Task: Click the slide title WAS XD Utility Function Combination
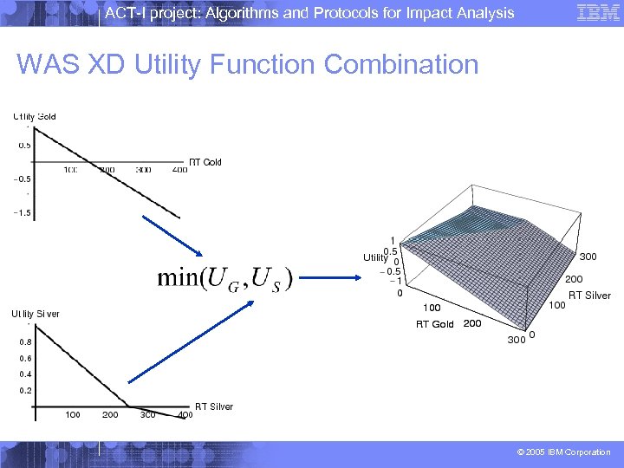[x=247, y=65]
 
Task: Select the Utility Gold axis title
[x=35, y=117]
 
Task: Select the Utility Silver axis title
[x=36, y=314]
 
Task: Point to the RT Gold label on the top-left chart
[x=205, y=162]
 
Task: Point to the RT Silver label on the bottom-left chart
[x=213, y=406]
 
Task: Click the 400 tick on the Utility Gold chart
[x=179, y=170]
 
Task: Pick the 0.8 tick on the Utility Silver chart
[x=25, y=341]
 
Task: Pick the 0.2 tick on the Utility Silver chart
[x=25, y=391]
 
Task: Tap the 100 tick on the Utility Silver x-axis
[x=73, y=415]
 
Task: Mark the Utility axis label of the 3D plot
[x=375, y=257]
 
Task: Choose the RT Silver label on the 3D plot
[x=589, y=296]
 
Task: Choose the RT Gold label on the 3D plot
[x=434, y=324]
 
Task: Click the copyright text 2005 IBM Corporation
[x=562, y=452]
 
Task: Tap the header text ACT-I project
[x=309, y=12]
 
